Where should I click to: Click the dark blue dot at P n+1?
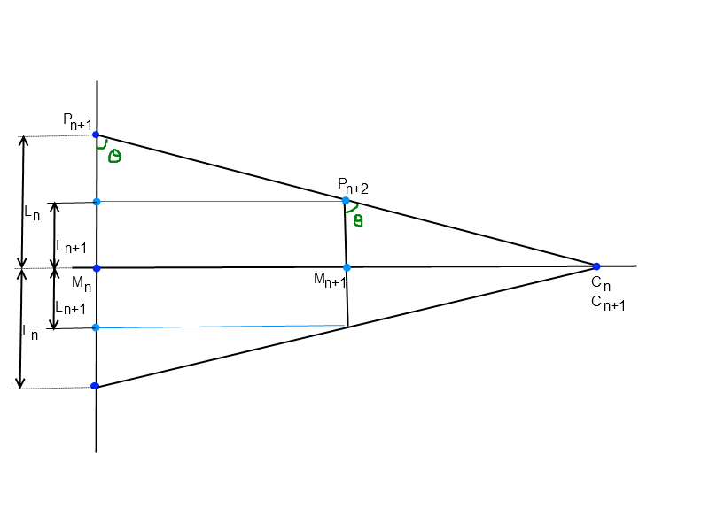tap(96, 135)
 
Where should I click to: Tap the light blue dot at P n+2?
tap(346, 200)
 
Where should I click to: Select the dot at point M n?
tap(97, 267)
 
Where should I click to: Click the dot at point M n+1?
tap(347, 267)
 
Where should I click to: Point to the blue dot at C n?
tap(596, 266)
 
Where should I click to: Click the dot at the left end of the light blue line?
tap(97, 327)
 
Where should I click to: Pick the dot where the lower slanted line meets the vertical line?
tap(96, 387)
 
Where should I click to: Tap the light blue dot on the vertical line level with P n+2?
tap(97, 202)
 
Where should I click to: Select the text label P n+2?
tap(352, 185)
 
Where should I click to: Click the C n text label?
tap(601, 285)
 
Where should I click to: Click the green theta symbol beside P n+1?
tap(113, 157)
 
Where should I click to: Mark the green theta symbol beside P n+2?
tap(357, 220)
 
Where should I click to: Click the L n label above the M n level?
tap(31, 213)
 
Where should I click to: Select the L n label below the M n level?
tap(31, 334)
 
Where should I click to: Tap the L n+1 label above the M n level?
tap(70, 247)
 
